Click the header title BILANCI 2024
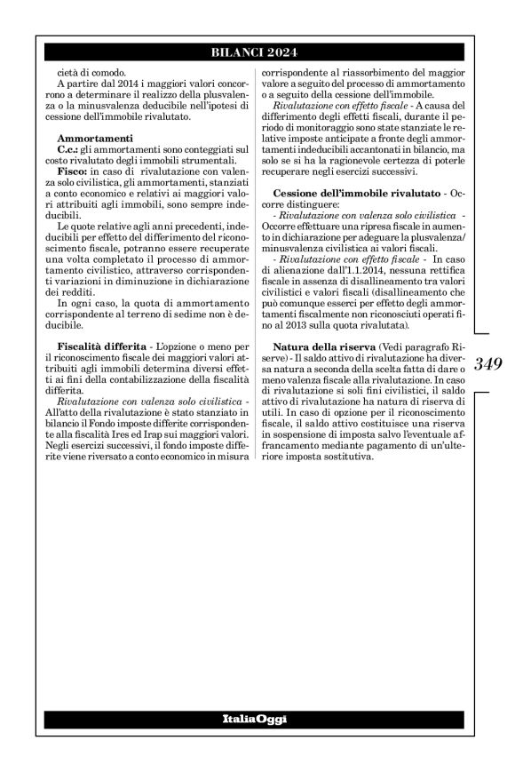click(x=257, y=52)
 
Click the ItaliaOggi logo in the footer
click(x=257, y=717)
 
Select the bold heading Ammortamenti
click(x=95, y=139)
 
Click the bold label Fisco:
click(x=72, y=169)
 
